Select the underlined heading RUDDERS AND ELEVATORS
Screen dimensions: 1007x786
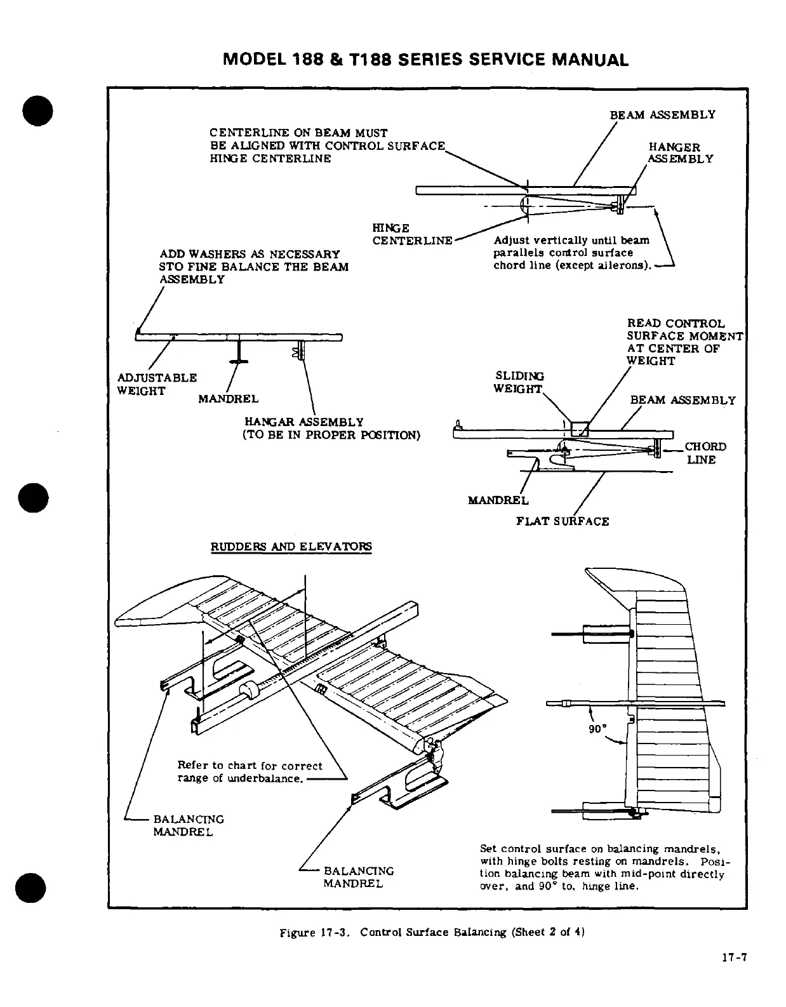(x=291, y=547)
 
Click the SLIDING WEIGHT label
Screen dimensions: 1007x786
(x=518, y=382)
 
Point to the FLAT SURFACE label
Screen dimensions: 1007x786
(x=563, y=521)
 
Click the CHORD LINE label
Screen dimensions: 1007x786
(x=704, y=453)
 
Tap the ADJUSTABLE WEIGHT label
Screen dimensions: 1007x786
(x=157, y=384)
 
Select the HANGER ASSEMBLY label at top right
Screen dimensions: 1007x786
(x=681, y=153)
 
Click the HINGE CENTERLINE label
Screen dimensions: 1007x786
(x=411, y=234)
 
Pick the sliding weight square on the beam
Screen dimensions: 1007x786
(x=581, y=429)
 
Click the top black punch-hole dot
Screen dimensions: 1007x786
(x=37, y=112)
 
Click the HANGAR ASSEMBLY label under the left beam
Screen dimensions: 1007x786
(x=304, y=422)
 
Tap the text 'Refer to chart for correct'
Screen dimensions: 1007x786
(x=250, y=766)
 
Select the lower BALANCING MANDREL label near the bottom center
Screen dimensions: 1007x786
(x=358, y=877)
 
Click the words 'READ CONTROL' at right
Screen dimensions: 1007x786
(x=676, y=324)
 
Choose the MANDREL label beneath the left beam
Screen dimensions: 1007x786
(x=228, y=399)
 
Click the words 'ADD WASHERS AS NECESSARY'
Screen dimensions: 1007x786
(x=250, y=254)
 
